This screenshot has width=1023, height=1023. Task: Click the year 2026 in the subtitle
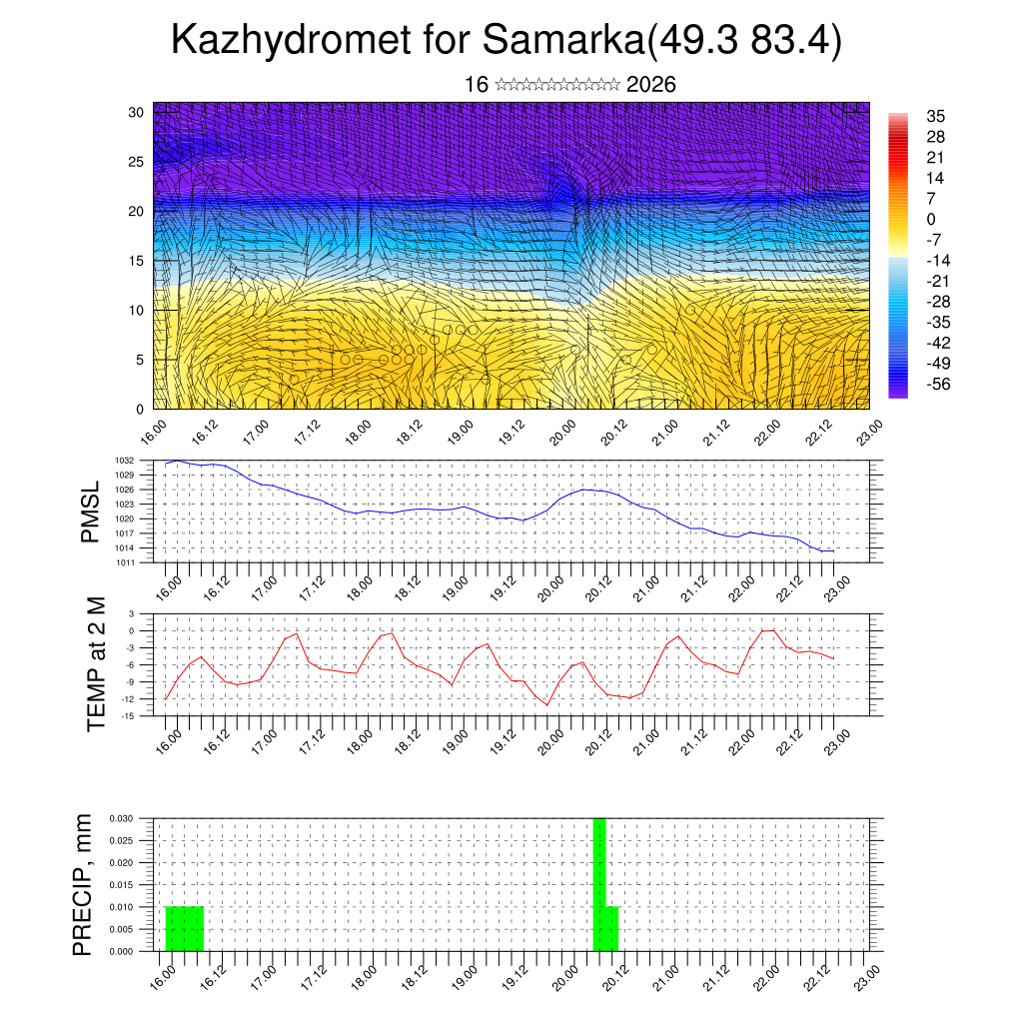[x=651, y=85]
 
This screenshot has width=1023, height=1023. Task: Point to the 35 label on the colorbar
[x=937, y=116]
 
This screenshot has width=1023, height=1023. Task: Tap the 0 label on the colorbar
[x=932, y=219]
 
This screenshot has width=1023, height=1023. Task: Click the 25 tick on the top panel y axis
[x=135, y=161]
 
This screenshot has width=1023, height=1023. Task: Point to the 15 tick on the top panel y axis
[x=135, y=260]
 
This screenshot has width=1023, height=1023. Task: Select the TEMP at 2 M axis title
[x=96, y=663]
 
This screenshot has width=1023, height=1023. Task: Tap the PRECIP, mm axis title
[x=83, y=884]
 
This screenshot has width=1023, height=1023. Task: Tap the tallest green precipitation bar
[x=599, y=884]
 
